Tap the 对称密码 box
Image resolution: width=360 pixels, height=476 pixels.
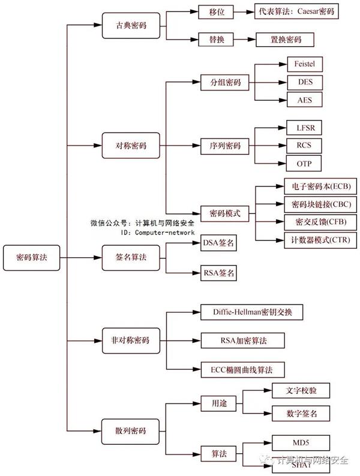pyautogui.click(x=131, y=146)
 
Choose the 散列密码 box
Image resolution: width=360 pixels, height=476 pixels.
pyautogui.click(x=131, y=430)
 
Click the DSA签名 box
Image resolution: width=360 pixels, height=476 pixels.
pyautogui.click(x=218, y=243)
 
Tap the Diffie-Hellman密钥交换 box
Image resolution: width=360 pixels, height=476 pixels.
pyautogui.click(x=251, y=312)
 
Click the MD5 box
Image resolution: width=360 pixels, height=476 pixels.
pyautogui.click(x=301, y=443)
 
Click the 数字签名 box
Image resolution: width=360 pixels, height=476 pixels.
pyautogui.click(x=302, y=413)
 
